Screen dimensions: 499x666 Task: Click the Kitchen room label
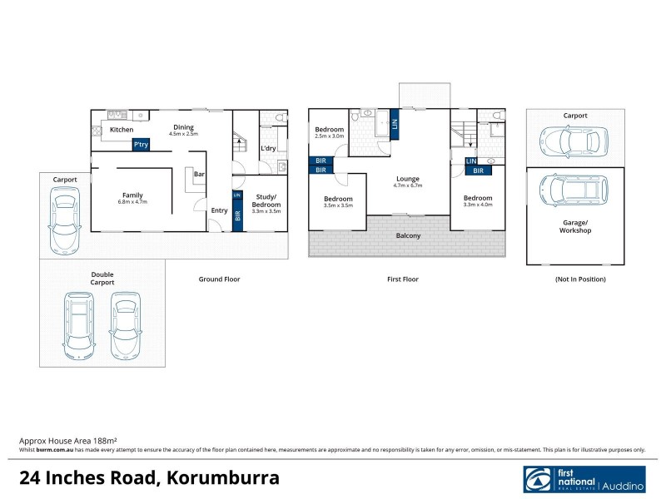(x=122, y=130)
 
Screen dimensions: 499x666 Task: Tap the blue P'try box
(x=141, y=145)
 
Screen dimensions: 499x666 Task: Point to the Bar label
(x=199, y=175)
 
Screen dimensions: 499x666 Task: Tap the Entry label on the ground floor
(x=219, y=210)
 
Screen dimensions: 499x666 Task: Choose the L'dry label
(x=268, y=149)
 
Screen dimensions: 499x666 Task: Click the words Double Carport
(x=103, y=278)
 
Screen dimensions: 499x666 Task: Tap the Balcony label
(x=408, y=236)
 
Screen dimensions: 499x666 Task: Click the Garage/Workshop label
(x=574, y=226)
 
